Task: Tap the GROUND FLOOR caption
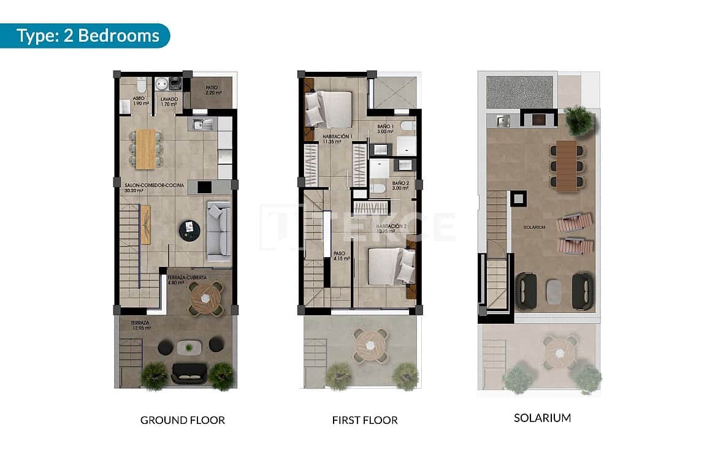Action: pyautogui.click(x=183, y=420)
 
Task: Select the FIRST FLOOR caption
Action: pyautogui.click(x=365, y=420)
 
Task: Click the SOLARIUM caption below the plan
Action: pyautogui.click(x=542, y=418)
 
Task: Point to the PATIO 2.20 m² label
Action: pyautogui.click(x=213, y=90)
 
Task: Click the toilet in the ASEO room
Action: pyautogui.click(x=142, y=84)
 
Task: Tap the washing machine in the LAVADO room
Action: pyautogui.click(x=163, y=83)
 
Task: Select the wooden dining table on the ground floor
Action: pyautogui.click(x=146, y=150)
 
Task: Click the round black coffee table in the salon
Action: pyautogui.click(x=189, y=231)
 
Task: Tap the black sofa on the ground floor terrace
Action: pyautogui.click(x=189, y=372)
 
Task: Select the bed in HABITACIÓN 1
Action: pyautogui.click(x=329, y=109)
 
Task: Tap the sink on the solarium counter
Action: pyautogui.click(x=504, y=121)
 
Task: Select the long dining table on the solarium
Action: pyautogui.click(x=567, y=166)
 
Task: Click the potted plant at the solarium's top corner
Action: pyautogui.click(x=579, y=120)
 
